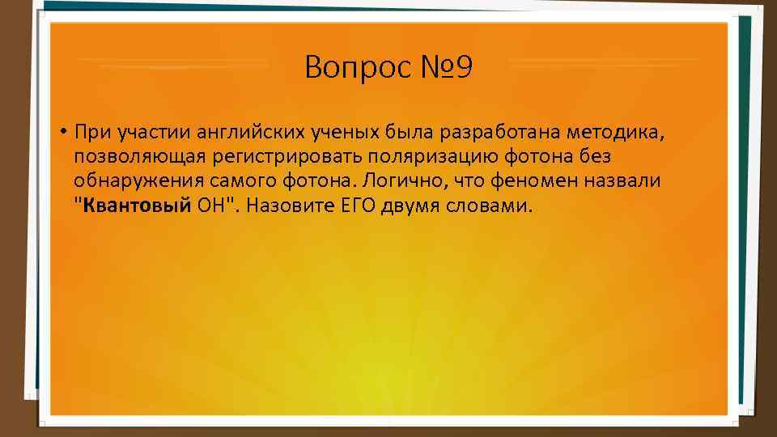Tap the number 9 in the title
coord(463,68)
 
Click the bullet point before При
coord(62,132)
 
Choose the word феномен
coord(543,180)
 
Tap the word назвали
coord(631,180)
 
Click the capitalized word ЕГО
coord(350,204)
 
